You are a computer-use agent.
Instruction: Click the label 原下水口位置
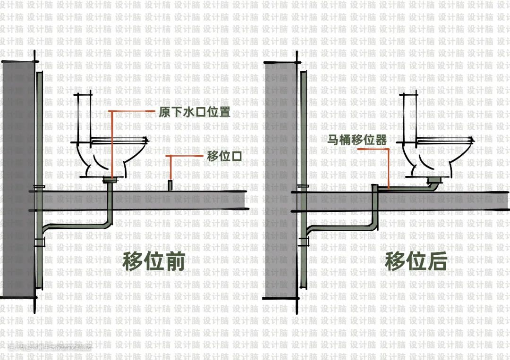click(x=195, y=112)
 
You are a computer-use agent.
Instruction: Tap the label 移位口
click(x=224, y=156)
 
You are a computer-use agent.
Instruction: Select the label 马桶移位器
click(x=357, y=140)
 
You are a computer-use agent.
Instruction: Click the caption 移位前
click(x=153, y=261)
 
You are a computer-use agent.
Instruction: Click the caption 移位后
click(x=416, y=261)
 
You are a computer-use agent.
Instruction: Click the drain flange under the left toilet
click(x=110, y=179)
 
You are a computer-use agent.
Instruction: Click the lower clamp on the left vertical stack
click(x=39, y=243)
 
